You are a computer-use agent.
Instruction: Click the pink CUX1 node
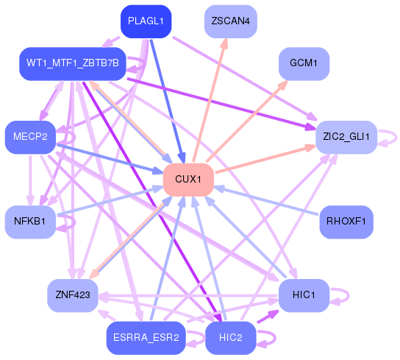pyautogui.click(x=188, y=180)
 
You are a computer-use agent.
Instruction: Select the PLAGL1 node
pyautogui.click(x=146, y=21)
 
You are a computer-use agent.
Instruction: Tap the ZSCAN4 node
pyautogui.click(x=230, y=21)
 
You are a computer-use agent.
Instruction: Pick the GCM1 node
pyautogui.click(x=304, y=63)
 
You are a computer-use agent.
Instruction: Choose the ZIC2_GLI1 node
pyautogui.click(x=346, y=137)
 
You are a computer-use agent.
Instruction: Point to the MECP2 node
pyautogui.click(x=30, y=137)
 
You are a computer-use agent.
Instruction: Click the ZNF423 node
pyautogui.click(x=72, y=295)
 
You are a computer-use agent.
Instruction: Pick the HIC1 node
pyautogui.click(x=303, y=295)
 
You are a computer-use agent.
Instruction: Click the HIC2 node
pyautogui.click(x=230, y=338)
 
